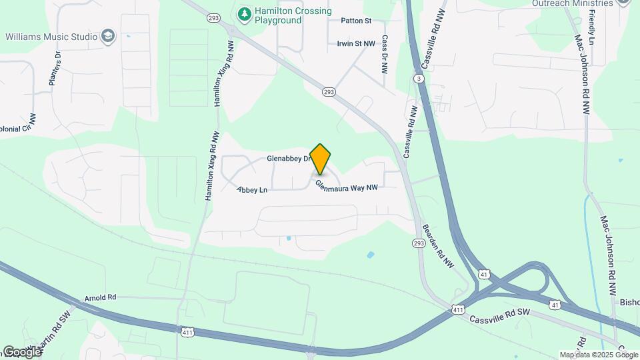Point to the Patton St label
click(355, 21)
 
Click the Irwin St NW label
click(358, 44)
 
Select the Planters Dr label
click(55, 69)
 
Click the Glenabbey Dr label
click(289, 159)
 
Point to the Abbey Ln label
click(252, 190)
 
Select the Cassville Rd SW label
click(499, 316)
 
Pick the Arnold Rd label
click(101, 297)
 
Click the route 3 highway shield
click(418, 79)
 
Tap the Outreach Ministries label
click(572, 3)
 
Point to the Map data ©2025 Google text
click(598, 355)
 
